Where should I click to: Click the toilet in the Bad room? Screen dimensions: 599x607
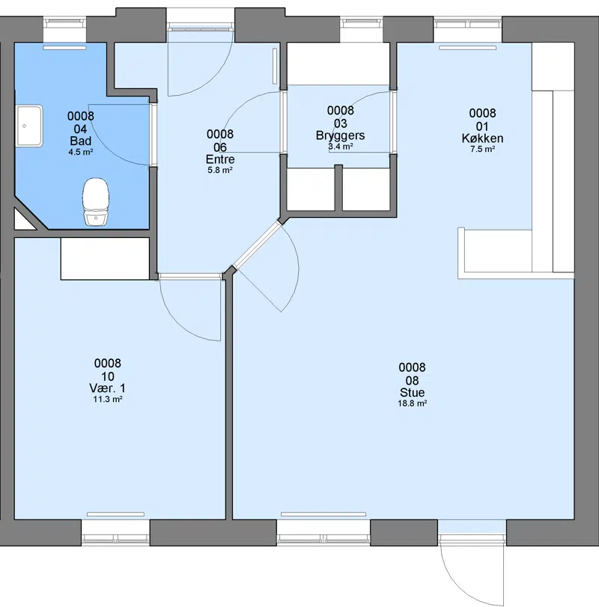coord(96,201)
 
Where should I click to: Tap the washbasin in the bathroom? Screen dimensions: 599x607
coord(29,126)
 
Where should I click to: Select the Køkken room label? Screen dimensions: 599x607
coord(482,138)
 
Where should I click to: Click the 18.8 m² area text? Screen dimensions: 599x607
coord(413,403)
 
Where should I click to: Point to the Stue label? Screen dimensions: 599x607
coord(413,392)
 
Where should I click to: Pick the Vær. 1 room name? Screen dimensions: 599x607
coord(108,388)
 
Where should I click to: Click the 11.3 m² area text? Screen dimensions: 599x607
coord(108,399)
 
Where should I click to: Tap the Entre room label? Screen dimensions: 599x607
coord(220,159)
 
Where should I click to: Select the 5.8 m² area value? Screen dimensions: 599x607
coord(220,170)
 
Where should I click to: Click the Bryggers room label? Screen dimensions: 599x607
coord(341,135)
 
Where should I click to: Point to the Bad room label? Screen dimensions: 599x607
coord(81,141)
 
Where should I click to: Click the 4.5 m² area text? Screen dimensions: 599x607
coord(81,152)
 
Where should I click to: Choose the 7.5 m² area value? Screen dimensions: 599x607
coord(482,149)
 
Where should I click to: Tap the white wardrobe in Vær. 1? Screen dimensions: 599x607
coord(105,259)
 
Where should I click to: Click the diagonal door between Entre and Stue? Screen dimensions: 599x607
coord(257,245)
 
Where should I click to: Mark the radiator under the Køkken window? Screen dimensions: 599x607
coord(467,48)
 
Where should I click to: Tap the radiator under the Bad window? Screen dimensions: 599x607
coord(64,48)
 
